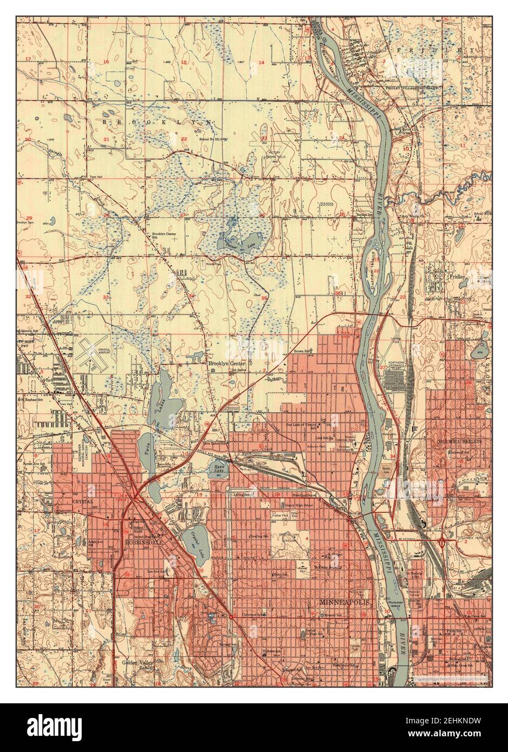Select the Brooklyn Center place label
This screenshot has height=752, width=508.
pos(227,364)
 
